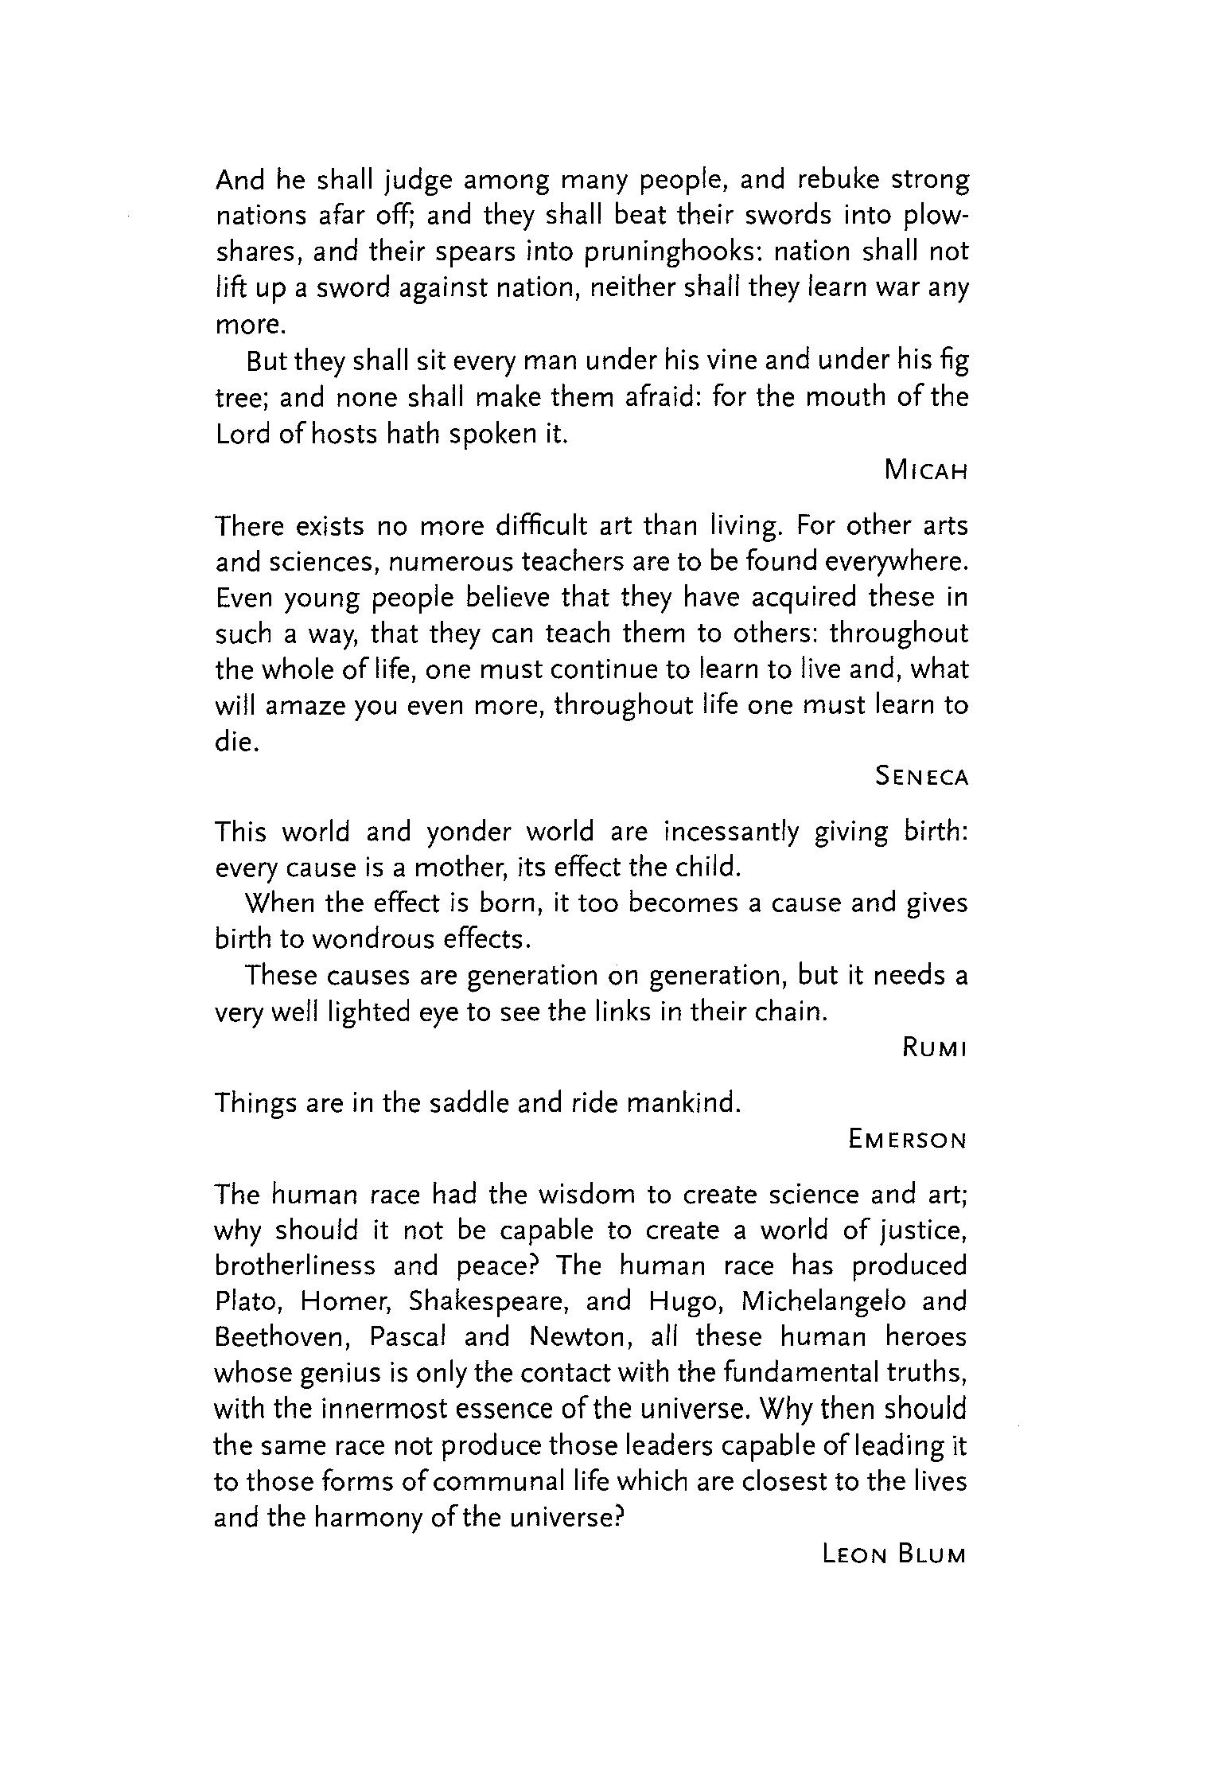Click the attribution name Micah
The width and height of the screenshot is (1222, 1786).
926,471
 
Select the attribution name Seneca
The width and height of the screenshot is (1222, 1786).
921,776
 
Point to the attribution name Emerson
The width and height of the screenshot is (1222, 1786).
907,1140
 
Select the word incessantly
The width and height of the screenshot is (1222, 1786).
731,832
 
